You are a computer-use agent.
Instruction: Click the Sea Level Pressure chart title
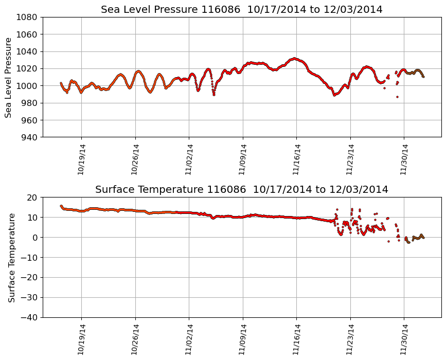pyautogui.click(x=242, y=10)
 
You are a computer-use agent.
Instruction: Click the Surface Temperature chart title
pyautogui.click(x=242, y=190)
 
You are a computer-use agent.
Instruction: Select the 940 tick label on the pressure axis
pyautogui.click(x=30, y=137)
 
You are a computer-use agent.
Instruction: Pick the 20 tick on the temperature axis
pyautogui.click(x=33, y=197)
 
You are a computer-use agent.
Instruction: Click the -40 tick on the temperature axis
pyautogui.click(x=30, y=317)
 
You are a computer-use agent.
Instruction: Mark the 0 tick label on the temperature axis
pyautogui.click(x=35, y=238)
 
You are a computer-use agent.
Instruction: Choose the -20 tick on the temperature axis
pyautogui.click(x=30, y=278)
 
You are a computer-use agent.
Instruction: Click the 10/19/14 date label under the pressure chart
pyautogui.click(x=81, y=159)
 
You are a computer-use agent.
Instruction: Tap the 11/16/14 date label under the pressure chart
pyautogui.click(x=296, y=159)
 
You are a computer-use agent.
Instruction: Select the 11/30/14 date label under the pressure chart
pyautogui.click(x=404, y=159)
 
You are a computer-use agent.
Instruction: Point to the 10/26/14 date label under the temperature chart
pyautogui.click(x=135, y=339)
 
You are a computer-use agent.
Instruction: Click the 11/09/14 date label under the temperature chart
pyautogui.click(x=243, y=339)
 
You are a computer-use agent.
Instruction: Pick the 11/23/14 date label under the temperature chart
pyautogui.click(x=350, y=339)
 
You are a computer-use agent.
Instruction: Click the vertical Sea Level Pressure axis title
pyautogui.click(x=8, y=77)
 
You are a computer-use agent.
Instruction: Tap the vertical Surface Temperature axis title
pyautogui.click(x=11, y=257)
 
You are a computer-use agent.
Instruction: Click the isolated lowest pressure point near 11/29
pyautogui.click(x=397, y=97)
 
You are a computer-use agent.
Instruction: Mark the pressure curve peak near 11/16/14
pyautogui.click(x=294, y=59)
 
